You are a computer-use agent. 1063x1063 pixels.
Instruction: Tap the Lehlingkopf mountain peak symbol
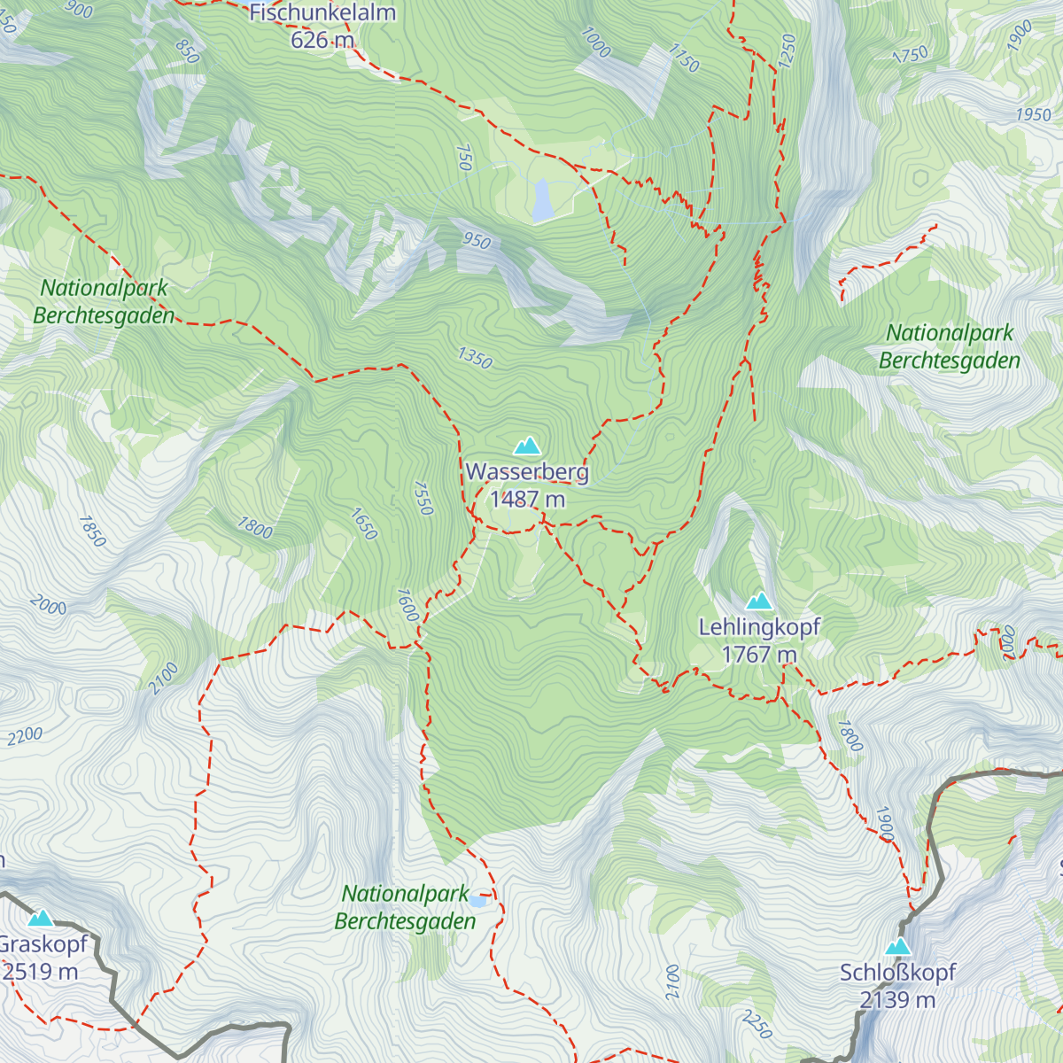[x=758, y=601]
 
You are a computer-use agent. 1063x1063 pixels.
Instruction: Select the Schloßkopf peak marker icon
[x=898, y=946]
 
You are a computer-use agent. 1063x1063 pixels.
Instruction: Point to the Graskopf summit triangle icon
[x=41, y=918]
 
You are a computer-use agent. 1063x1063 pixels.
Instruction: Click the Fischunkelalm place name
[x=322, y=12]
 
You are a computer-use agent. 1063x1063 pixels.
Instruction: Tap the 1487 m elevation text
[x=527, y=500]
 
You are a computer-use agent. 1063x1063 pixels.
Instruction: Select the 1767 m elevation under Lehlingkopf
[x=759, y=655]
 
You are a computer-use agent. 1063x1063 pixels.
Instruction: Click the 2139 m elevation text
[x=897, y=1000]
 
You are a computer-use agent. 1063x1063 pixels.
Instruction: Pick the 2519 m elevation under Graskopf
[x=41, y=972]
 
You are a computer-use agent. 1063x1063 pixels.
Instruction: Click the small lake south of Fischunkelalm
[x=541, y=201]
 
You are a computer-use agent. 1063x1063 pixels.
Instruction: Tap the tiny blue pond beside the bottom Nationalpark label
[x=478, y=901]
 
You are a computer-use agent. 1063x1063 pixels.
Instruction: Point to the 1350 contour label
[x=475, y=358]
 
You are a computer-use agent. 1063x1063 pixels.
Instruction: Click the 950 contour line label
[x=476, y=240]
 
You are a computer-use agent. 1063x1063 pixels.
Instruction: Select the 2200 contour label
[x=25, y=736]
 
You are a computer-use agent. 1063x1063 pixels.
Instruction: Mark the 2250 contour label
[x=757, y=1024]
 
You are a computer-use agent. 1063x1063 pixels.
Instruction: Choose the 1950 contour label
[x=1033, y=114]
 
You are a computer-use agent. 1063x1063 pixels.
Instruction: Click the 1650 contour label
[x=364, y=524]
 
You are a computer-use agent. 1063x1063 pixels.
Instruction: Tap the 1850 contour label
[x=92, y=531]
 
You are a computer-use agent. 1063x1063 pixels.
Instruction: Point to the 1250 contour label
[x=788, y=50]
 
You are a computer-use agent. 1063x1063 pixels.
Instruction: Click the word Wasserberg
[x=527, y=472]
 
